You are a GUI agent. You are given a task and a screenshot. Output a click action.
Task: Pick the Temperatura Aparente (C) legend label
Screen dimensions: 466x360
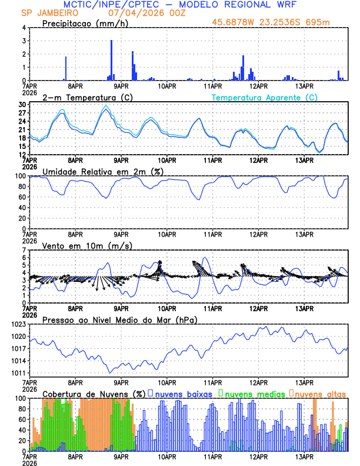[265, 97]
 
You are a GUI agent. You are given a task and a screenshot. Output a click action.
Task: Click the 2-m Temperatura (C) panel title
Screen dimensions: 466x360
[82, 97]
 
